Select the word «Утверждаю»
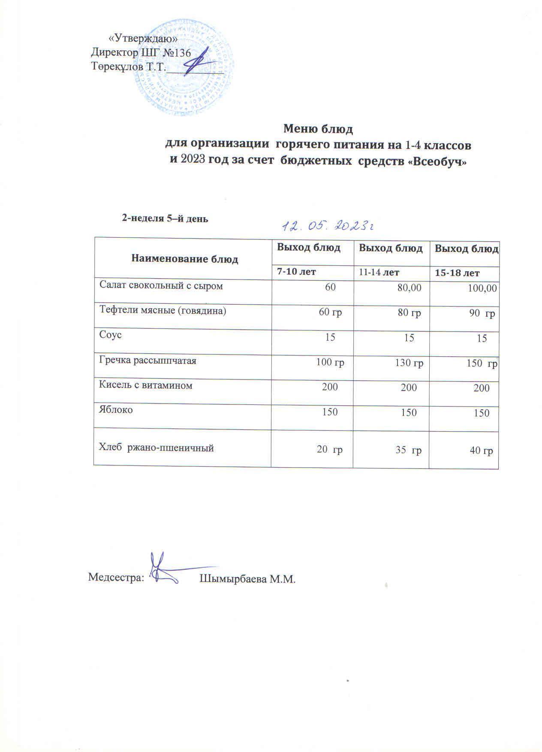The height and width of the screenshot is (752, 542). (x=143, y=39)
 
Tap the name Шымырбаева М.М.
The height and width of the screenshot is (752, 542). (x=248, y=579)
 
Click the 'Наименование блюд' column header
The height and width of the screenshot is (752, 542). (x=184, y=259)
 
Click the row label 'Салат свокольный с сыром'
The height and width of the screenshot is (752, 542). (x=161, y=285)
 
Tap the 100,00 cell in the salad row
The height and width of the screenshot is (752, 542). (x=482, y=288)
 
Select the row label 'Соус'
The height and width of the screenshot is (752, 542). (x=111, y=335)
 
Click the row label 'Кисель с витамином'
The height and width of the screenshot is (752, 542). (x=146, y=385)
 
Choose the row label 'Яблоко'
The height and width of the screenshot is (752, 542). (x=116, y=410)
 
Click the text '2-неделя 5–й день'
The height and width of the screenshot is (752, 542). (x=165, y=218)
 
